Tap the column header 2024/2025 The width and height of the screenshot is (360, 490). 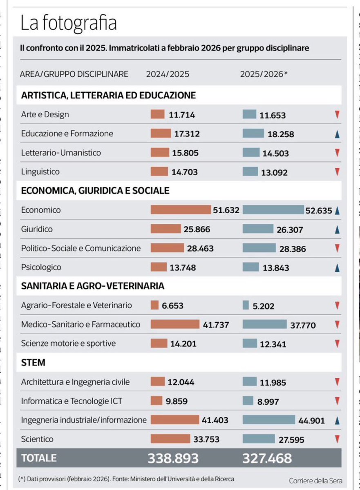pyautogui.click(x=168, y=74)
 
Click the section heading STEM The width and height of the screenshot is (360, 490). pyautogui.click(x=33, y=363)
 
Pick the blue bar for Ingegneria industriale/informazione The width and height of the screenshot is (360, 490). pyautogui.click(x=268, y=420)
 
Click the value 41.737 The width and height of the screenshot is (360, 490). pyautogui.click(x=216, y=325)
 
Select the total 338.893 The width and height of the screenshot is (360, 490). pyautogui.click(x=173, y=458)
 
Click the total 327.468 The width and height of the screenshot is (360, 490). pyautogui.click(x=267, y=458)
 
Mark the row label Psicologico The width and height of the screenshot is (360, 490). pyautogui.click(x=41, y=267)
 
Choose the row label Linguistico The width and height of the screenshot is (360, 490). pyautogui.click(x=40, y=172)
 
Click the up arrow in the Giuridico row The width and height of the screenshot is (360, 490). pyautogui.click(x=337, y=230)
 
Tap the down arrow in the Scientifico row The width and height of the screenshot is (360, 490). pyautogui.click(x=337, y=439)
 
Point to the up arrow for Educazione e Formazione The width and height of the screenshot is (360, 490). pyautogui.click(x=337, y=134)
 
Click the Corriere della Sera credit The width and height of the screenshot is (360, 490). pyautogui.click(x=315, y=481)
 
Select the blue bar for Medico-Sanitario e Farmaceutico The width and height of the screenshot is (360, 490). pyautogui.click(x=264, y=324)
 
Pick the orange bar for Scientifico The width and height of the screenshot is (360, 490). pyautogui.click(x=170, y=439)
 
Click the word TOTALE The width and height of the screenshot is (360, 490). pyautogui.click(x=39, y=458)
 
